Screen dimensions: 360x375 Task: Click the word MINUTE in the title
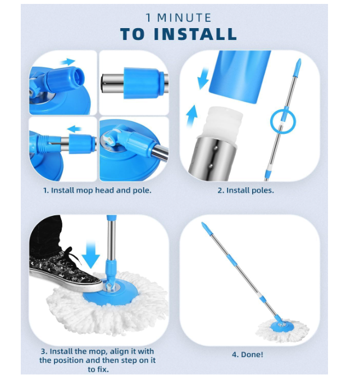click(x=184, y=17)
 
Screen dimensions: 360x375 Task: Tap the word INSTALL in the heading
click(x=195, y=34)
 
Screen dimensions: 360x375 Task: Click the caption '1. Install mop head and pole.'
click(x=97, y=191)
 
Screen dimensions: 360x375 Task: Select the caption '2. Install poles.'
click(x=245, y=191)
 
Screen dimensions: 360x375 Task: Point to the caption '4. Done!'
click(x=248, y=354)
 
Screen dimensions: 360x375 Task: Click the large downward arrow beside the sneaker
click(x=91, y=255)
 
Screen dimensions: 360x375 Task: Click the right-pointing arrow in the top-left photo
click(x=67, y=62)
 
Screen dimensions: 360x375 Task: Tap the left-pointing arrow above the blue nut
click(x=74, y=129)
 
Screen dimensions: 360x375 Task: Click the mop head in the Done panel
click(x=282, y=329)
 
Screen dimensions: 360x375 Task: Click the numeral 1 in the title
click(x=149, y=17)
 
